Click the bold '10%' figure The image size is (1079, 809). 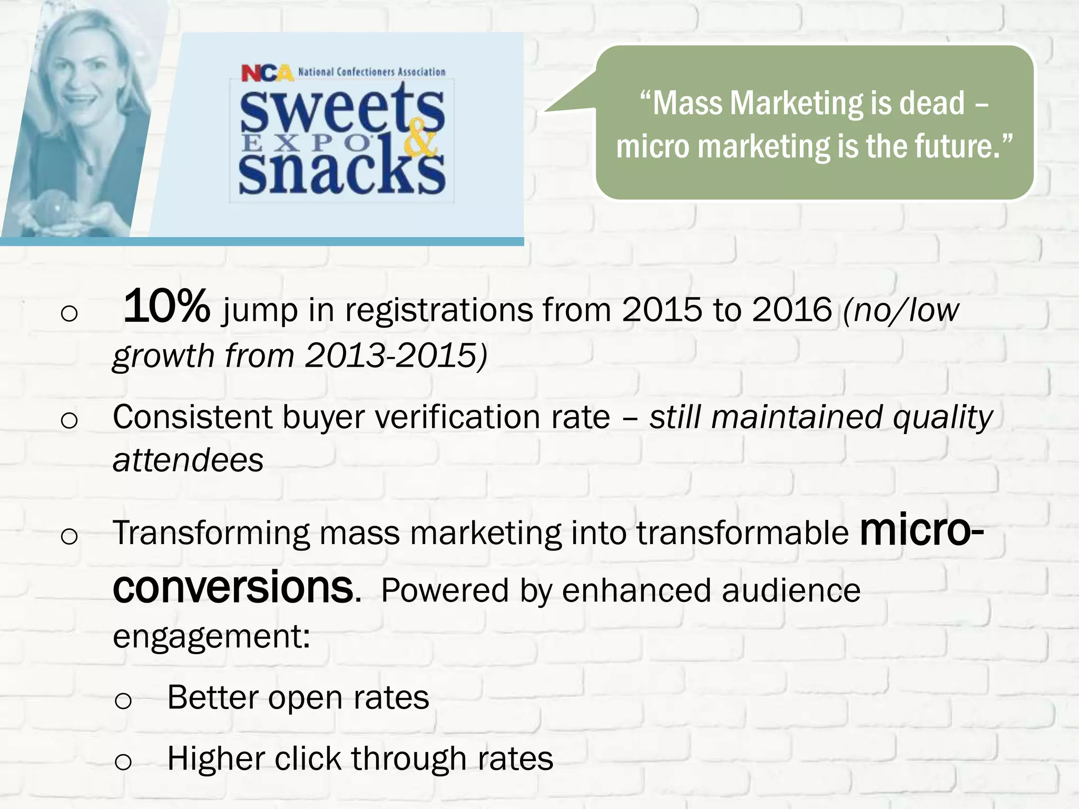[166, 307]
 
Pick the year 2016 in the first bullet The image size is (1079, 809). [792, 310]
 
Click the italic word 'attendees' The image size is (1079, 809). [188, 460]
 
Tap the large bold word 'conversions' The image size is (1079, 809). [233, 587]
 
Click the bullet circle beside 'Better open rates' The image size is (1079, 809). [123, 701]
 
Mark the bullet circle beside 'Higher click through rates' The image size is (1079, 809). [123, 762]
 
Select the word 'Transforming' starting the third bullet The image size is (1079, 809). [211, 533]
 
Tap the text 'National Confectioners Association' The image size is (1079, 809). [371, 72]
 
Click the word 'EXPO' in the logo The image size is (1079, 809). [306, 143]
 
